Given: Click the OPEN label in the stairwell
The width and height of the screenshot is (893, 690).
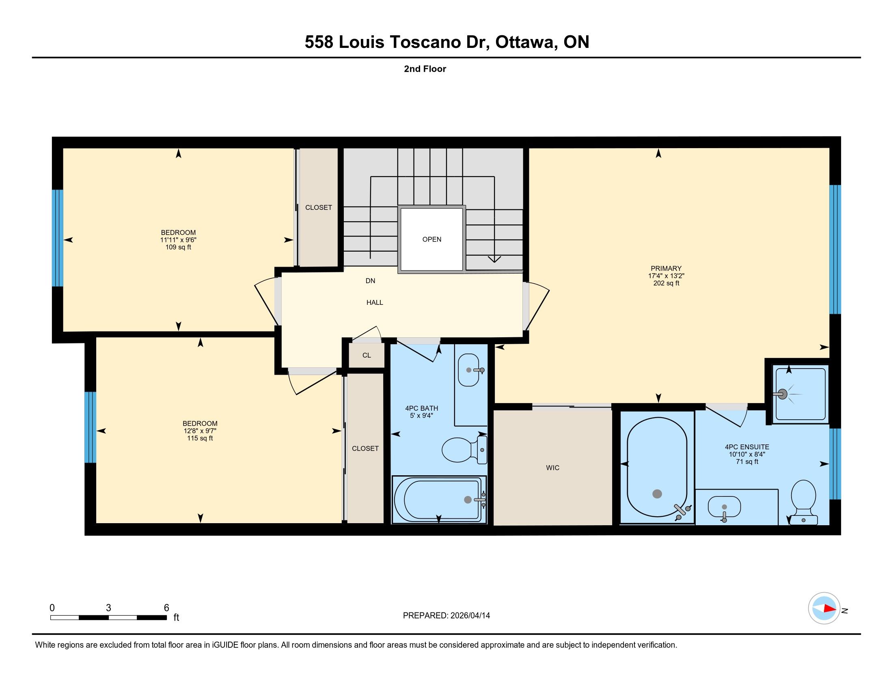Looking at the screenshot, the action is point(432,239).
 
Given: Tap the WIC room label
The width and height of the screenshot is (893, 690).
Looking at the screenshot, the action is point(552,468).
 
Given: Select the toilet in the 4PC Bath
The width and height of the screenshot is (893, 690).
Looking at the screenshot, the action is point(464,450).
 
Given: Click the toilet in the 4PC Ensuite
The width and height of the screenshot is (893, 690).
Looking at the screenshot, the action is point(803,502).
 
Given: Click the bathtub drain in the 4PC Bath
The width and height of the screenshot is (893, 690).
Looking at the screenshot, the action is point(468,500).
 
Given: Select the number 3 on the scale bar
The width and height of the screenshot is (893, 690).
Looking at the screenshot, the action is point(108,608).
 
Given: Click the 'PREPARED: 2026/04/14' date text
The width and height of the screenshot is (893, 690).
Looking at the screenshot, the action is point(446,616).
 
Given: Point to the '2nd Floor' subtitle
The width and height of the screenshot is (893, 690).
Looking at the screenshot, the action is point(425,69).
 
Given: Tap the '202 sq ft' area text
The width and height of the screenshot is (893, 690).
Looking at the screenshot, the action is point(666,283).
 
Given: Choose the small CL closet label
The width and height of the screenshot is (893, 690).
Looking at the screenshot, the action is point(367,355).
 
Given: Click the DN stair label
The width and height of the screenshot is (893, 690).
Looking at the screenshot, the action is point(371,281).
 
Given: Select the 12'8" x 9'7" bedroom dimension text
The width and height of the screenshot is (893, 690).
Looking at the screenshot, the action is point(200,431).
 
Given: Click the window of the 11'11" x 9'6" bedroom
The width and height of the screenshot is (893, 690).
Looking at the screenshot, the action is point(58,238).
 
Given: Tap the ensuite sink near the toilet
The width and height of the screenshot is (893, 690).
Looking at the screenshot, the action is point(724,507).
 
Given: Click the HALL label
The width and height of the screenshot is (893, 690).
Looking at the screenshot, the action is point(375,302).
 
